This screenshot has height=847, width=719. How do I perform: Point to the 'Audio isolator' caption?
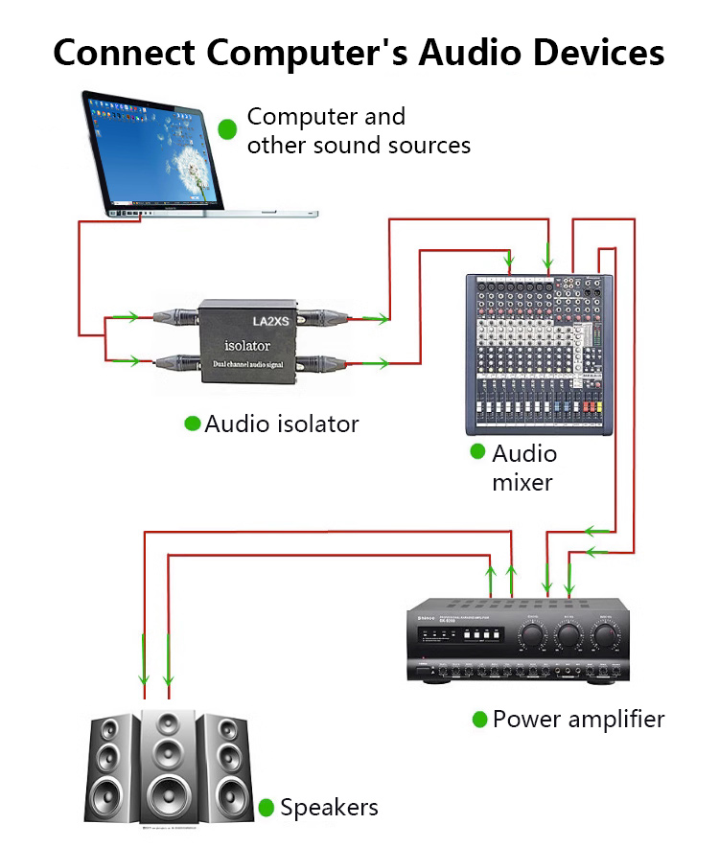point(281,423)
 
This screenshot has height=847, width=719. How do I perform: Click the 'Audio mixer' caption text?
point(522,467)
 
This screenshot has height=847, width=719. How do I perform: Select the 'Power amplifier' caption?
point(578,719)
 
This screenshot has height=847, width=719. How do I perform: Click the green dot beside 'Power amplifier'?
point(480,719)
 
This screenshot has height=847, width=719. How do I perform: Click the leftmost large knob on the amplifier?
point(532,634)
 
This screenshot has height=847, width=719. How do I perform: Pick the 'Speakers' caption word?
point(329,808)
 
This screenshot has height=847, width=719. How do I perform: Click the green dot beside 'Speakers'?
point(267,808)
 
